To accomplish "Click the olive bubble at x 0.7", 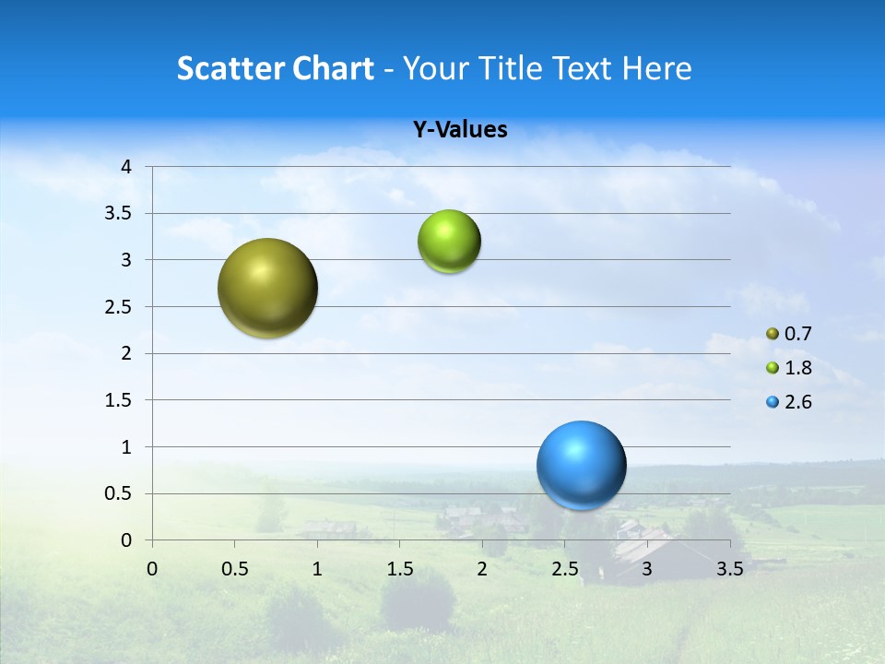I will pos(267,288).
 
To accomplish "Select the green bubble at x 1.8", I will pos(449,242).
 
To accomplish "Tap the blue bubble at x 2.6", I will pos(581,465).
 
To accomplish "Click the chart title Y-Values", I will pos(459,130).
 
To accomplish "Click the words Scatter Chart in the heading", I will pos(275,68).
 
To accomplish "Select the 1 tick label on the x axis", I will pos(317,569).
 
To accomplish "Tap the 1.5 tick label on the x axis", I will pos(399,569).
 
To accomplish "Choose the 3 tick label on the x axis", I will pos(647,569).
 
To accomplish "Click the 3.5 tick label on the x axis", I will pos(729,569).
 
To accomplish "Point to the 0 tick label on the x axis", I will pos(152,569).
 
